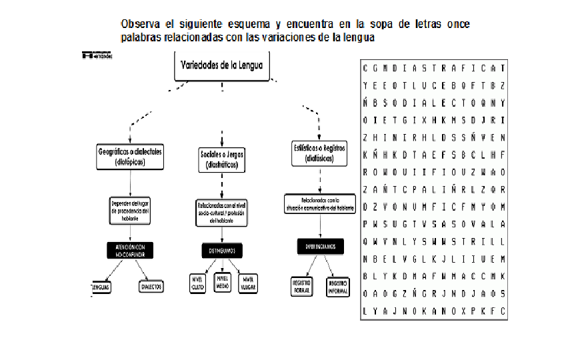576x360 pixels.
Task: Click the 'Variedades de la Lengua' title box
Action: tap(222, 65)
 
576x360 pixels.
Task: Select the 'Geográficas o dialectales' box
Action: tap(130, 156)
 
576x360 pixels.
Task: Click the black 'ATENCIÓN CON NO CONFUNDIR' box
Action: tap(130, 249)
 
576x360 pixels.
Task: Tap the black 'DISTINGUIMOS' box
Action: tap(222, 251)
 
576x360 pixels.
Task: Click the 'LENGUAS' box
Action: tap(101, 287)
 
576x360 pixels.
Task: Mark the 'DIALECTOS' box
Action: tap(151, 287)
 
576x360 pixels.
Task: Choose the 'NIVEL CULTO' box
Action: tap(198, 283)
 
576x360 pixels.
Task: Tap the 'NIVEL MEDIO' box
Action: tap(223, 283)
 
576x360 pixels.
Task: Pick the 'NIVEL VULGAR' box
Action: tap(248, 283)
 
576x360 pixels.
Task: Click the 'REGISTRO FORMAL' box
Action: tap(303, 286)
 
